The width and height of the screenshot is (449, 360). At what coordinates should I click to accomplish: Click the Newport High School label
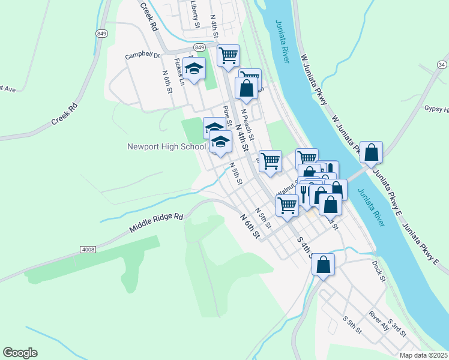click(166, 146)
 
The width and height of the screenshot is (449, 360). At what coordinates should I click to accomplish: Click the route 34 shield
click(442, 64)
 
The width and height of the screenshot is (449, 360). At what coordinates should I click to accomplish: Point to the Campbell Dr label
click(142, 56)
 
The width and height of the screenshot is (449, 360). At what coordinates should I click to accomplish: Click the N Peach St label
click(247, 119)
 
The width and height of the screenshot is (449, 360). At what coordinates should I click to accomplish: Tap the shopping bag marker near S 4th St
click(323, 265)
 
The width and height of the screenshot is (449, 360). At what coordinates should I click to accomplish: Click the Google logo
click(20, 353)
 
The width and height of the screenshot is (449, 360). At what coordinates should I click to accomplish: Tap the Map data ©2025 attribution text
click(424, 355)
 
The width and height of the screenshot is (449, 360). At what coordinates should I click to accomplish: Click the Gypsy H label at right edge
click(436, 109)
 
